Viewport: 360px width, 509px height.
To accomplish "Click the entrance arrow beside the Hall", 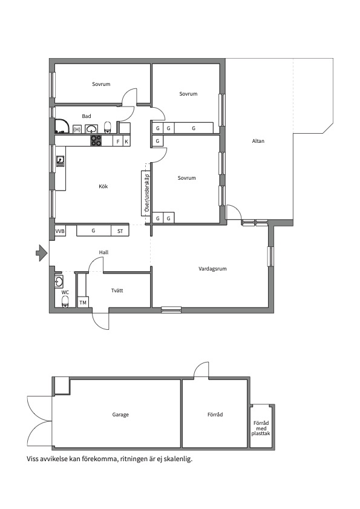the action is tap(41, 253).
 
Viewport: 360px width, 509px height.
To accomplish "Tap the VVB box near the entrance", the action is tap(60, 231).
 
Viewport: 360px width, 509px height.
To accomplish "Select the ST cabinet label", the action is tap(120, 231).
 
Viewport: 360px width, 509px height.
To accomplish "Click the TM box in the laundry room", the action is tap(83, 303).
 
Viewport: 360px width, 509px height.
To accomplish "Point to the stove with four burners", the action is tap(96, 140).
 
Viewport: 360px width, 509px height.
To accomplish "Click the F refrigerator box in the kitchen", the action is tap(118, 142).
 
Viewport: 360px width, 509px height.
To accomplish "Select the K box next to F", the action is tap(126, 142).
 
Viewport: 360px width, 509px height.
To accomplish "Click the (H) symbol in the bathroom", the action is tap(77, 130).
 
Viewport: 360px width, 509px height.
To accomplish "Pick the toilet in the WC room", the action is tap(65, 301).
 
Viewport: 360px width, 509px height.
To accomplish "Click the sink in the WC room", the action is tap(59, 281).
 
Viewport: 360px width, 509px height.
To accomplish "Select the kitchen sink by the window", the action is tap(61, 161).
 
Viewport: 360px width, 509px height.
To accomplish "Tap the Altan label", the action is tap(258, 141).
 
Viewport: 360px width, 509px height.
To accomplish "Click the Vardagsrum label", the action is tap(212, 269).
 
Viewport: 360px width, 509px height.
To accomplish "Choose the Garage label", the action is tap(120, 415).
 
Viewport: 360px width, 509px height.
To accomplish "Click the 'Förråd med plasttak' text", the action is tap(261, 428).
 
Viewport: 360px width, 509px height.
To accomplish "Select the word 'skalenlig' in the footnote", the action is tap(177, 459).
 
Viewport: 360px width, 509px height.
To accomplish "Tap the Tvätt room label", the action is tap(117, 291).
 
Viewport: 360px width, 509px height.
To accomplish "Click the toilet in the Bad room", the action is tap(108, 127).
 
